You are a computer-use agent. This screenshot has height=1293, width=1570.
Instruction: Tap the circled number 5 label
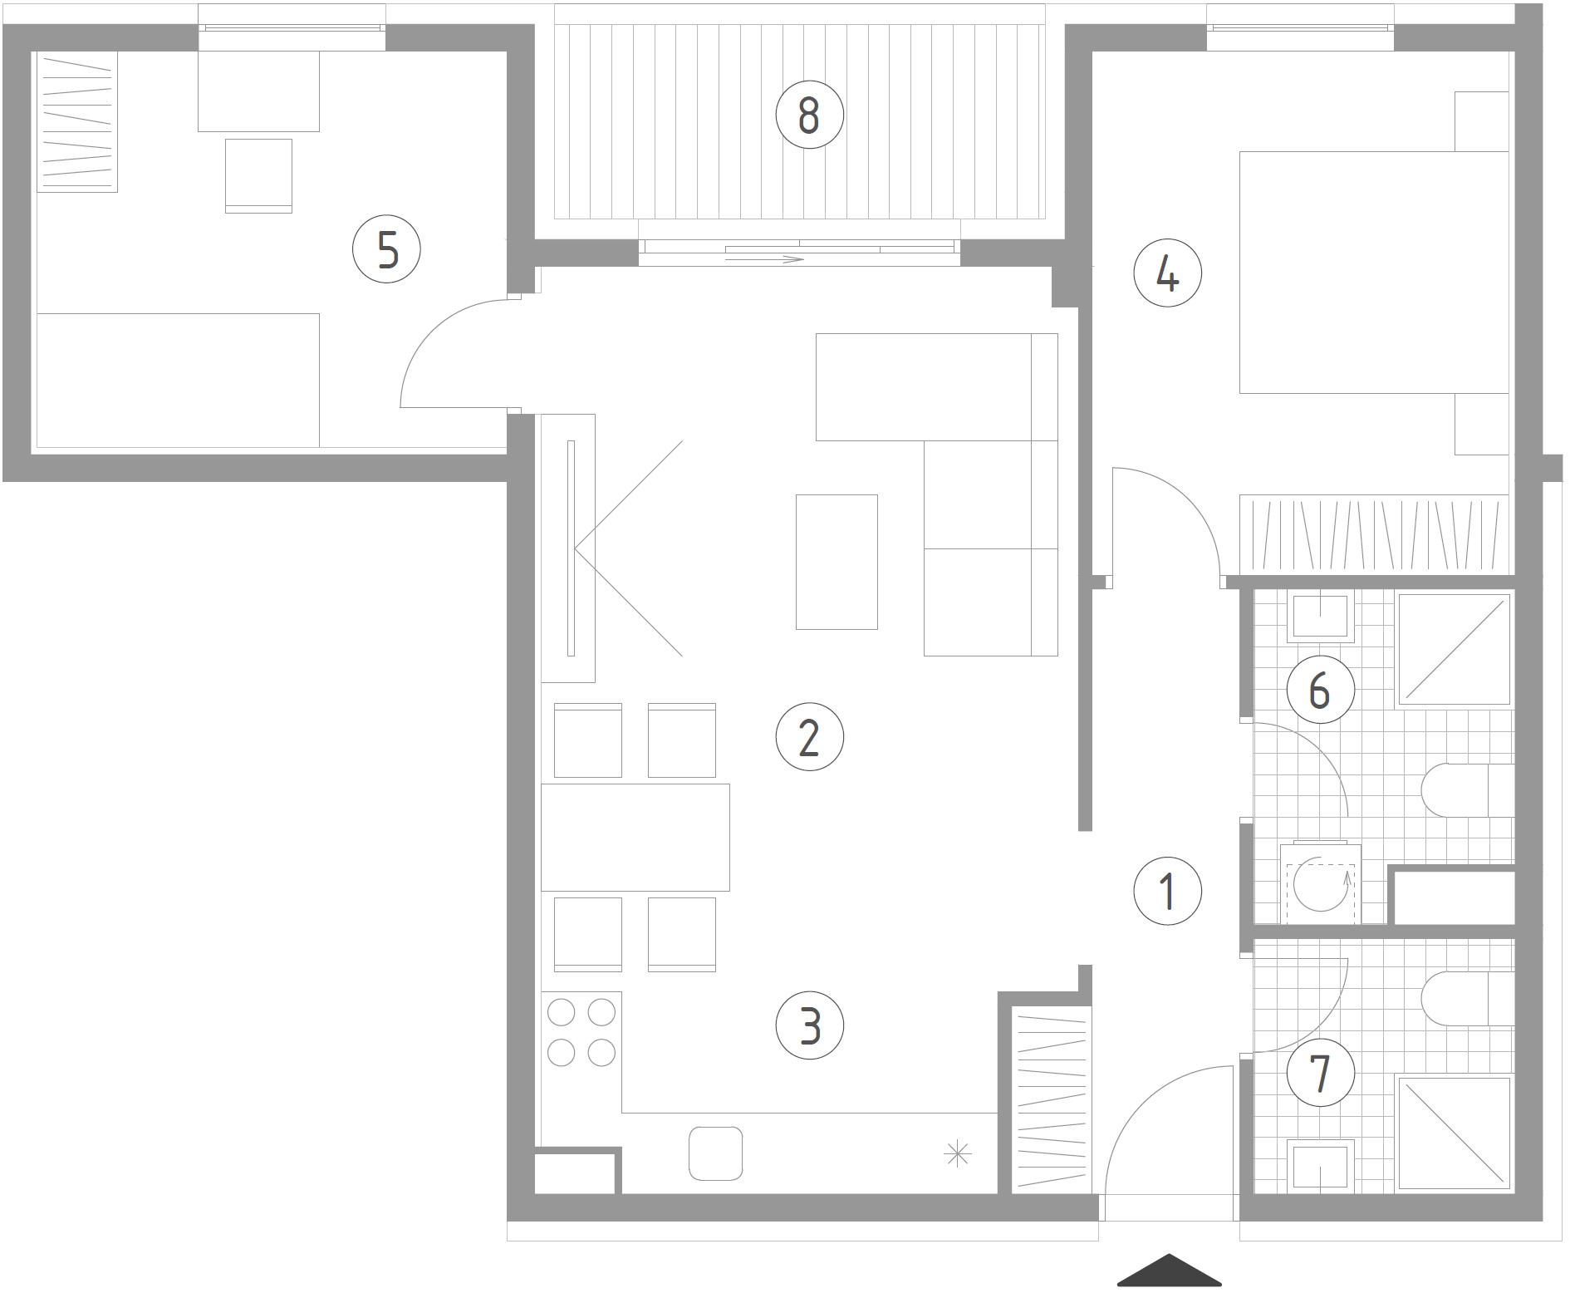387,248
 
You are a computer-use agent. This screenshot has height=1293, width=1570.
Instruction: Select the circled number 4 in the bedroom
1168,273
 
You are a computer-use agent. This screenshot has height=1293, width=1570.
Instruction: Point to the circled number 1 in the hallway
1168,891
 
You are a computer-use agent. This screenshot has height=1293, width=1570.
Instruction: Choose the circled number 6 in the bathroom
1320,689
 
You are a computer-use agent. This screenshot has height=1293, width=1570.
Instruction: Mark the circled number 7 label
1320,1073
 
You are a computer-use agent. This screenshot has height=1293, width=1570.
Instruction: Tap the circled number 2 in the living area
809,736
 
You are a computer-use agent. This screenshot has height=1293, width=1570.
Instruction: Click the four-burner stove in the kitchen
581,1033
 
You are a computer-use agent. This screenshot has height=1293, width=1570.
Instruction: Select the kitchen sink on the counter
715,1153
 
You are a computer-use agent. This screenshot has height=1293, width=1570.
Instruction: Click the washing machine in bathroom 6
1320,883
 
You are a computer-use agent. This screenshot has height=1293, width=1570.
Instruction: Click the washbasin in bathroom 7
1320,1165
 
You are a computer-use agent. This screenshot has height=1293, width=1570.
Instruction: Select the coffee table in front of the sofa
837,562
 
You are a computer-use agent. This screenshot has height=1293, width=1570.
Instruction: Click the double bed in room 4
1374,273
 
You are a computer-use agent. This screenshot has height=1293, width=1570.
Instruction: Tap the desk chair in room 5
258,175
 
